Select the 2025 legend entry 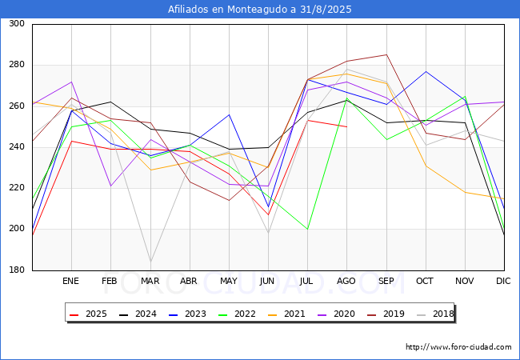89,314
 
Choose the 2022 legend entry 237,314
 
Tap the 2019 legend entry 386,314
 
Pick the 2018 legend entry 435,314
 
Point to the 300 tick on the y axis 17,23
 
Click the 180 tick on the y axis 17,270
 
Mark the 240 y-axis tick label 17,147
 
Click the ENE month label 70,281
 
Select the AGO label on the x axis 346,281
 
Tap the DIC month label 503,281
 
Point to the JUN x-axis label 267,281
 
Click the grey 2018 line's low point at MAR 150,262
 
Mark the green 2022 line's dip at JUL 308,229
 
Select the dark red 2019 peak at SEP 386,54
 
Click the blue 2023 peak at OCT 426,71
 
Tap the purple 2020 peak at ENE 72,82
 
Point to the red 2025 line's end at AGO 347,126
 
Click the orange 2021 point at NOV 466,192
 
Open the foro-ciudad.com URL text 458,346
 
